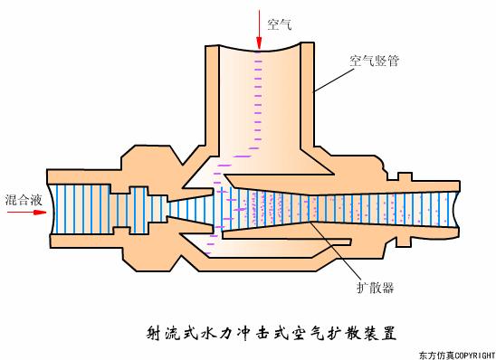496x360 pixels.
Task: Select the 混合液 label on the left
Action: coord(20,198)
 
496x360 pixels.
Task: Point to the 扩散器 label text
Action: coord(375,287)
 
